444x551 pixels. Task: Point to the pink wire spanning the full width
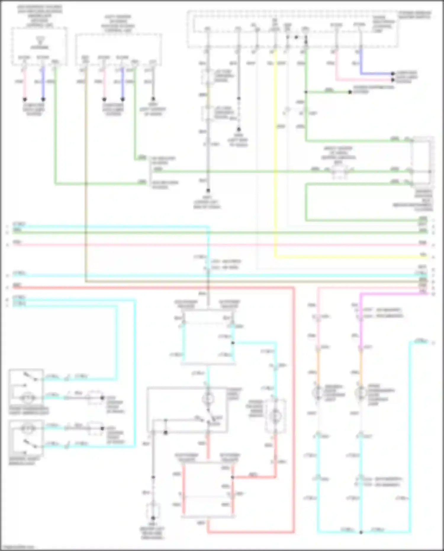click(x=207, y=245)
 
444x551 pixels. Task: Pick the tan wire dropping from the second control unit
click(x=86, y=178)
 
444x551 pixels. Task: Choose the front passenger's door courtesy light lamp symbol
click(x=360, y=393)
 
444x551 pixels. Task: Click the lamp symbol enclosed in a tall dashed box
click(x=275, y=416)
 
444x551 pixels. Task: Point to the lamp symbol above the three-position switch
click(x=208, y=399)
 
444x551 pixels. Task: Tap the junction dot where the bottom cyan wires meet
click(x=361, y=532)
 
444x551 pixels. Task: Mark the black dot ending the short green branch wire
click(x=350, y=92)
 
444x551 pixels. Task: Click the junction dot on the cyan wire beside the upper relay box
click(x=233, y=343)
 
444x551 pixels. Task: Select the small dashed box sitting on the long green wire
click(x=340, y=172)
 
